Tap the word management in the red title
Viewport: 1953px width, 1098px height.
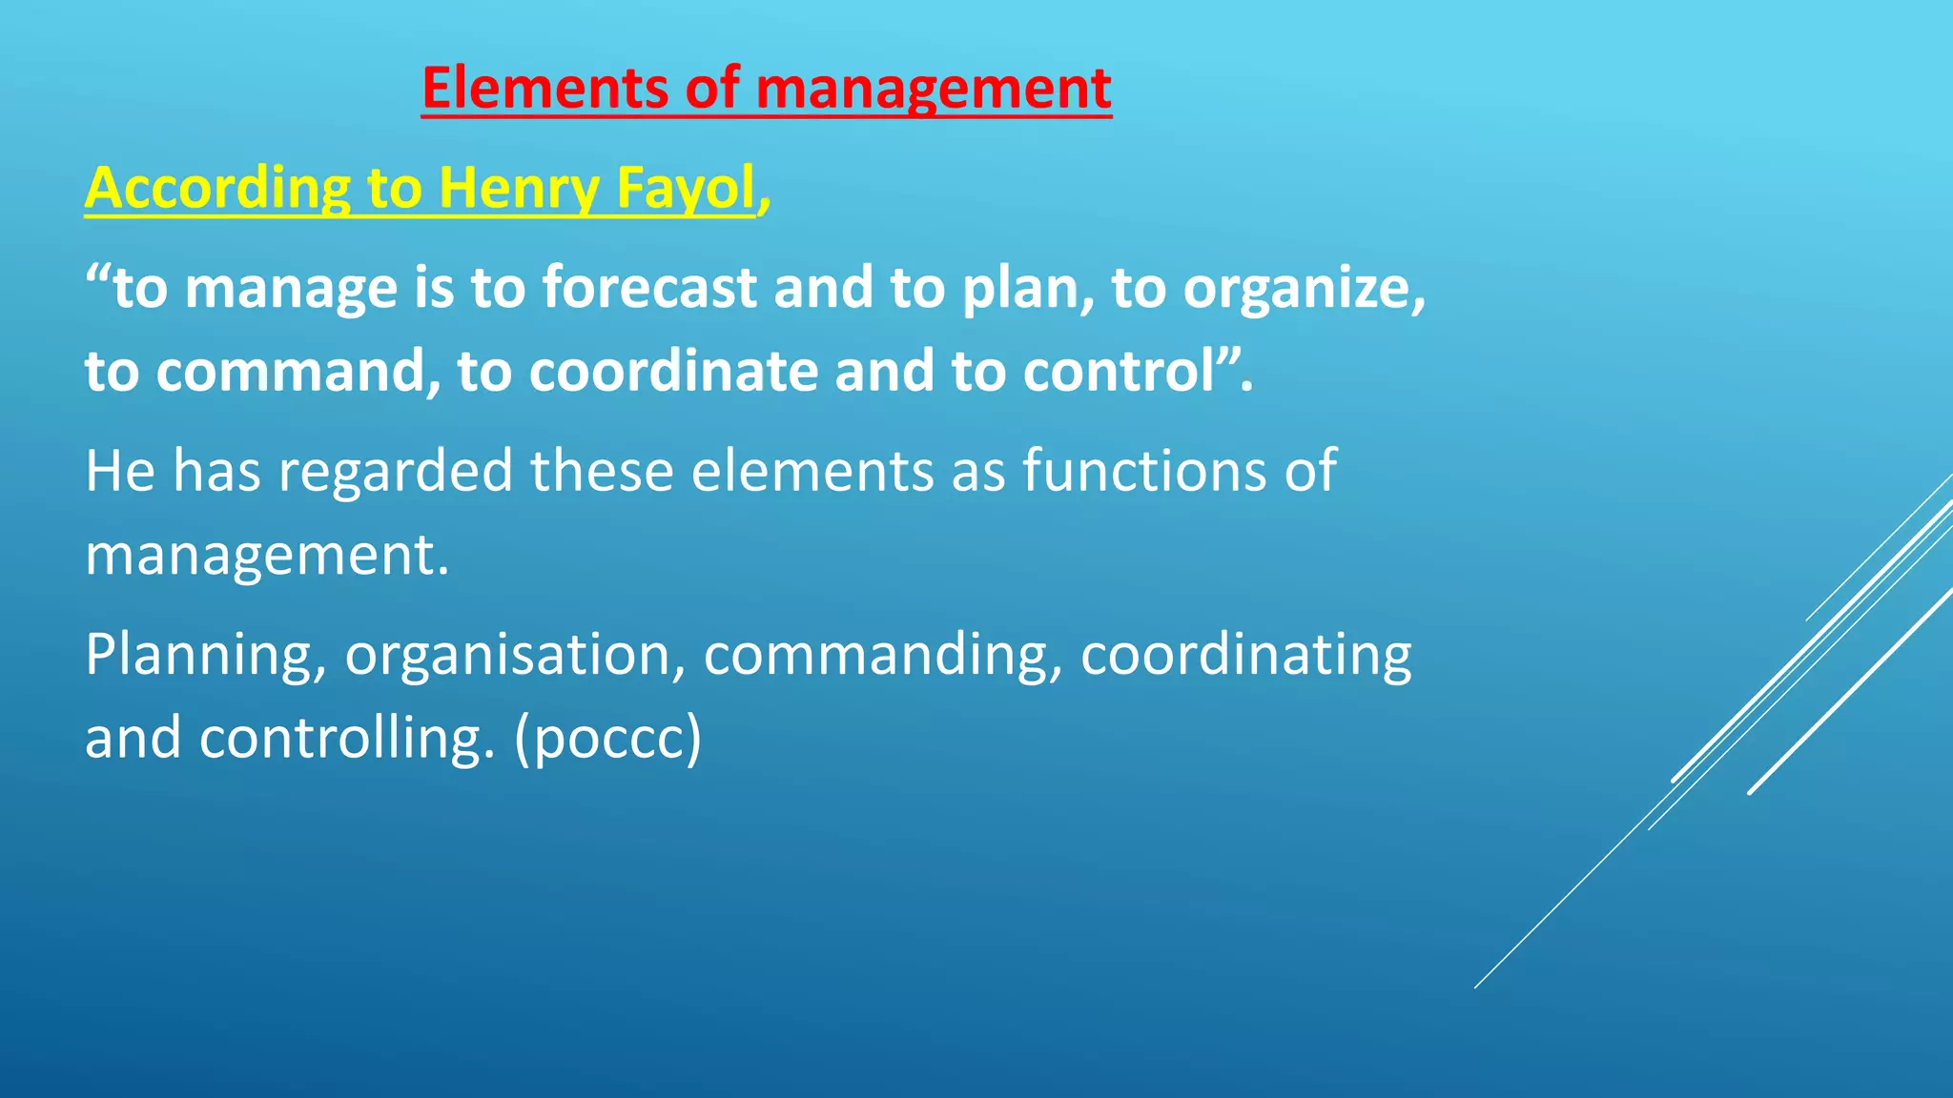[x=933, y=90]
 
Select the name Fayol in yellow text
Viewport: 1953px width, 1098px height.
[x=686, y=188]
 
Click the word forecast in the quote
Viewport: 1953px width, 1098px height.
[x=649, y=288]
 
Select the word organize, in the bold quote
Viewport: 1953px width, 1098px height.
[x=1304, y=288]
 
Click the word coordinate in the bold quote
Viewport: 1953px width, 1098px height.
[x=673, y=371]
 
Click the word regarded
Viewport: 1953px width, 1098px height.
[x=395, y=471]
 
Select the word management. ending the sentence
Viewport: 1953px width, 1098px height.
[x=266, y=555]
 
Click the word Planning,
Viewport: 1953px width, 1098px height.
[x=205, y=656]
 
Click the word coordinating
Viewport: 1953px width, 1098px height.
[x=1245, y=656]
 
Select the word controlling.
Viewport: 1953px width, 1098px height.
[x=347, y=739]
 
